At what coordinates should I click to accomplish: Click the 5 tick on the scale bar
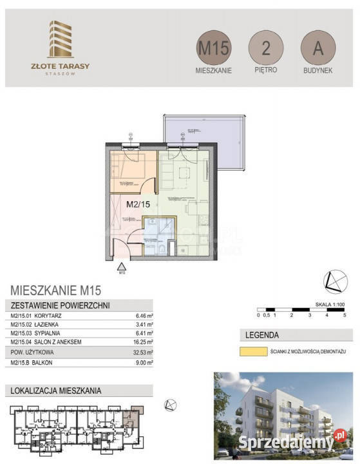(x=345, y=316)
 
